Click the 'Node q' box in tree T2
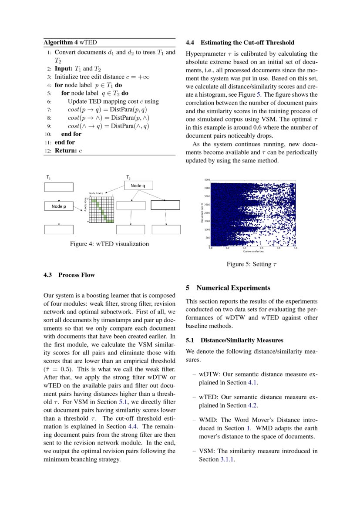(139, 186)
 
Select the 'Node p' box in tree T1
(59, 206)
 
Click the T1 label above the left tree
(48, 178)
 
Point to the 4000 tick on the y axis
(207, 179)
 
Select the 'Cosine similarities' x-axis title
(253, 251)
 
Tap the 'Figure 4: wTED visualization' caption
(109, 244)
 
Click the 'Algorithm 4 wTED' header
(70, 43)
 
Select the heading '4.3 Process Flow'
(69, 275)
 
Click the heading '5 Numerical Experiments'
(228, 288)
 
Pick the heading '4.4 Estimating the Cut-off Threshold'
(240, 43)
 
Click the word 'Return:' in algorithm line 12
(66, 150)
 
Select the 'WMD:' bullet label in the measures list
(207, 420)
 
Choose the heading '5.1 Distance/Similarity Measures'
(234, 340)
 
